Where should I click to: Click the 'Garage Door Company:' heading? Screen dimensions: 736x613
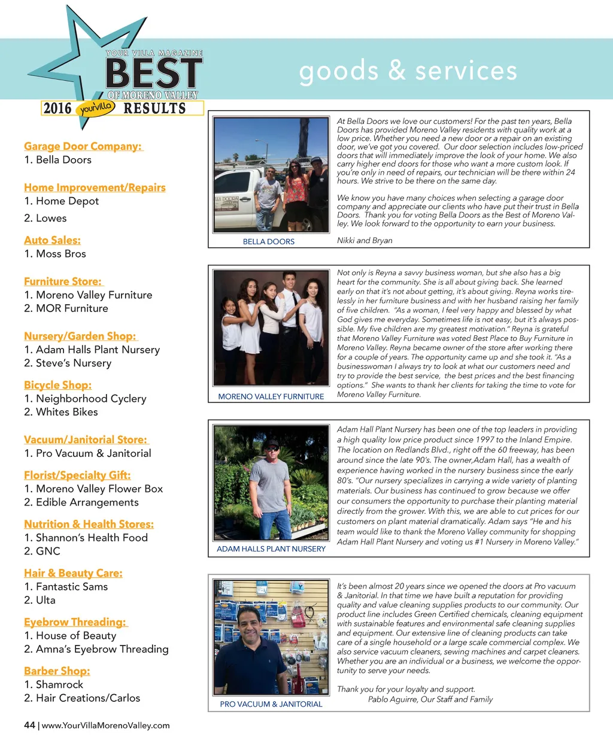point(83,146)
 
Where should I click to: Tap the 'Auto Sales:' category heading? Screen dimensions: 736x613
point(52,240)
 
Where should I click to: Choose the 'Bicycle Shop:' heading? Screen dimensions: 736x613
point(57,385)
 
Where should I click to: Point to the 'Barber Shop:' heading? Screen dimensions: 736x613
point(57,671)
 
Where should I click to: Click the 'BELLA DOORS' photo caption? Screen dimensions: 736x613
point(269,242)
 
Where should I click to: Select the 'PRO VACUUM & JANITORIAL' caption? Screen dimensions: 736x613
point(271,704)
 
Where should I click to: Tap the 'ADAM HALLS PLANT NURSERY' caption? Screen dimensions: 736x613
point(271,549)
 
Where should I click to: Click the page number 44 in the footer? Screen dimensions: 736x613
point(29,725)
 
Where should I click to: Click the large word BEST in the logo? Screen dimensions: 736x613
point(153,74)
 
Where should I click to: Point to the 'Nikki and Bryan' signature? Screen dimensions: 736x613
point(365,241)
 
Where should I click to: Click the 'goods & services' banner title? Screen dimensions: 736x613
point(408,71)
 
